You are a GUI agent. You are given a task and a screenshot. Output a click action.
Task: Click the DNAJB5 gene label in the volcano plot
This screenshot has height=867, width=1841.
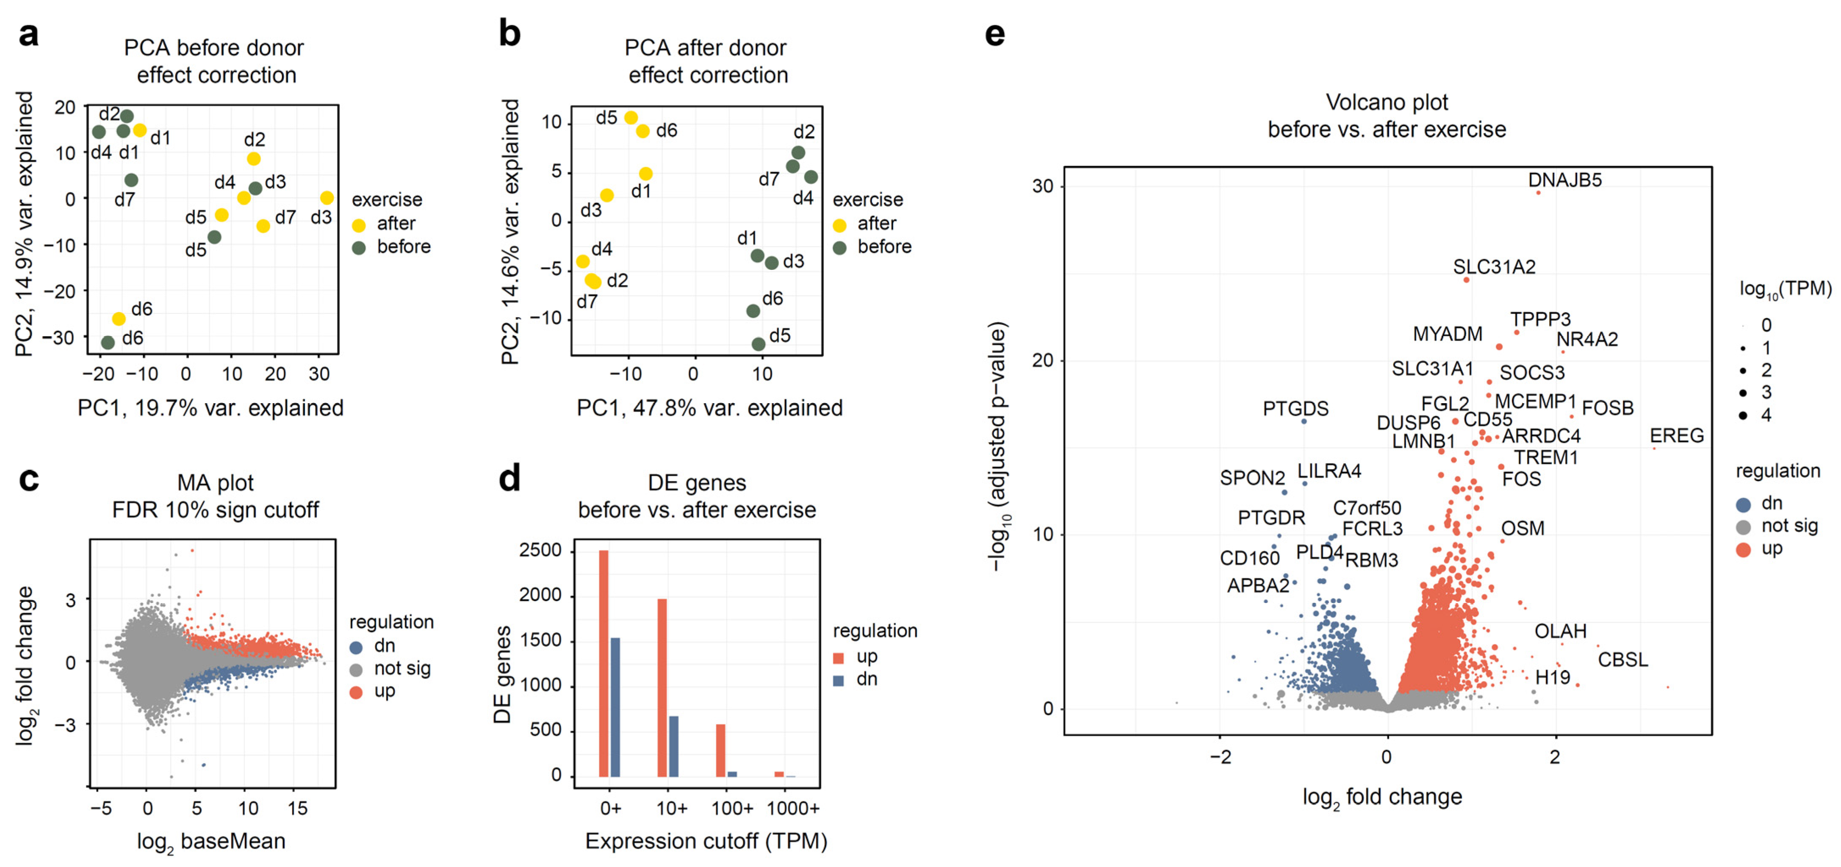tap(1564, 180)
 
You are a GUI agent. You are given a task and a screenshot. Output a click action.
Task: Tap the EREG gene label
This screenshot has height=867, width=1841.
tap(1676, 435)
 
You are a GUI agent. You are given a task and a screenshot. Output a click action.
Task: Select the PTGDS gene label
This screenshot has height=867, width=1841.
tap(1295, 408)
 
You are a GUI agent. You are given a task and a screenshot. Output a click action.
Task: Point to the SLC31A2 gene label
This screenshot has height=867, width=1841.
tap(1494, 266)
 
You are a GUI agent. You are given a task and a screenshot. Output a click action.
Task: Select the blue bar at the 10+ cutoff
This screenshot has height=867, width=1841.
tap(673, 745)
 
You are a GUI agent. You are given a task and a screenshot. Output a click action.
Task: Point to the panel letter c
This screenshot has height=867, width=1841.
tap(29, 479)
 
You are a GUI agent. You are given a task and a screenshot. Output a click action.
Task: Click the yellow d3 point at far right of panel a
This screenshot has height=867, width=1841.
tap(327, 198)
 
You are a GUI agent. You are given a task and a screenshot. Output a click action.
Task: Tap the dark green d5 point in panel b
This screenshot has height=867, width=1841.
tap(758, 344)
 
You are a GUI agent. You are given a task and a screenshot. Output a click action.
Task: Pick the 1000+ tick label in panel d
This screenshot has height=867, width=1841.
tap(792, 809)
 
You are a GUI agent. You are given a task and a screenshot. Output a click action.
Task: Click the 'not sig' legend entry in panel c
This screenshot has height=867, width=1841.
tap(401, 668)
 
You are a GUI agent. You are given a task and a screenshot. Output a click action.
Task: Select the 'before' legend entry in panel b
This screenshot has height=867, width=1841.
tap(883, 247)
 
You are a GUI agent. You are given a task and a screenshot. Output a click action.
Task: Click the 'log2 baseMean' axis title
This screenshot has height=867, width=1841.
tap(211, 841)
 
